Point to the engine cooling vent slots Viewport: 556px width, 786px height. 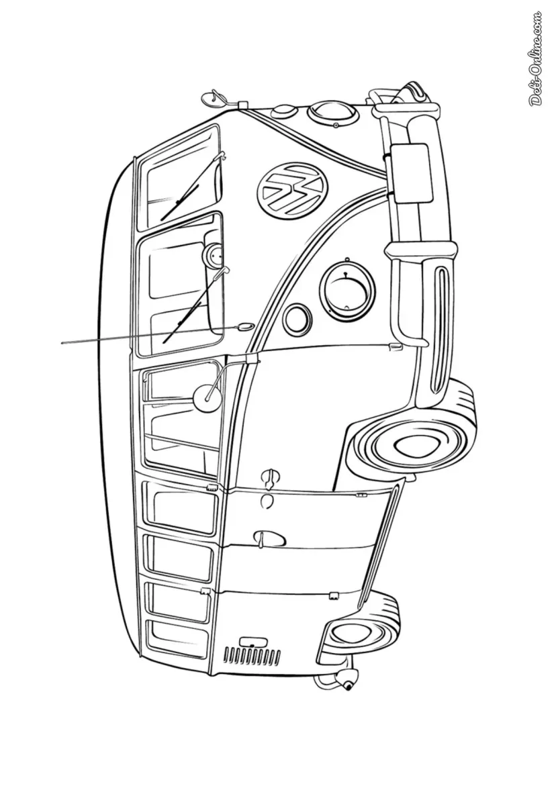(x=251, y=654)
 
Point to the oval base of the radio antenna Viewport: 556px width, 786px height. (x=244, y=326)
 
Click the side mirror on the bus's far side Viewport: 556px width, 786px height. (x=216, y=97)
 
